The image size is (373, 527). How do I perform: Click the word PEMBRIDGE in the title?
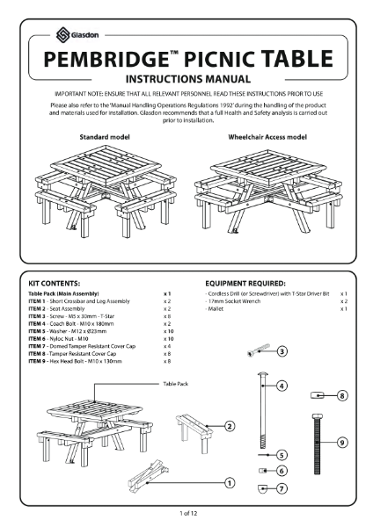pos(105,61)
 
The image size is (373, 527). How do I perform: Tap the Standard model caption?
pos(105,139)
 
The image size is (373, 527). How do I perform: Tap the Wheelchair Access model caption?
pos(267,139)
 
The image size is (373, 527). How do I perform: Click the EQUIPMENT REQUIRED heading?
pos(245,284)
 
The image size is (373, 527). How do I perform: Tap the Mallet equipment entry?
pos(216,309)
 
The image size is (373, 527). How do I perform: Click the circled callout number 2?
pos(229,426)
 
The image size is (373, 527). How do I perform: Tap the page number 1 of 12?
pos(186,511)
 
